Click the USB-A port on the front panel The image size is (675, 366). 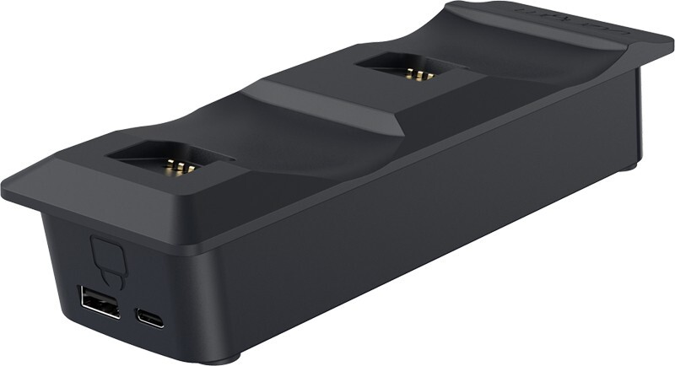click(x=90, y=301)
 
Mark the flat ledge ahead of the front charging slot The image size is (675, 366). click(x=101, y=194)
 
